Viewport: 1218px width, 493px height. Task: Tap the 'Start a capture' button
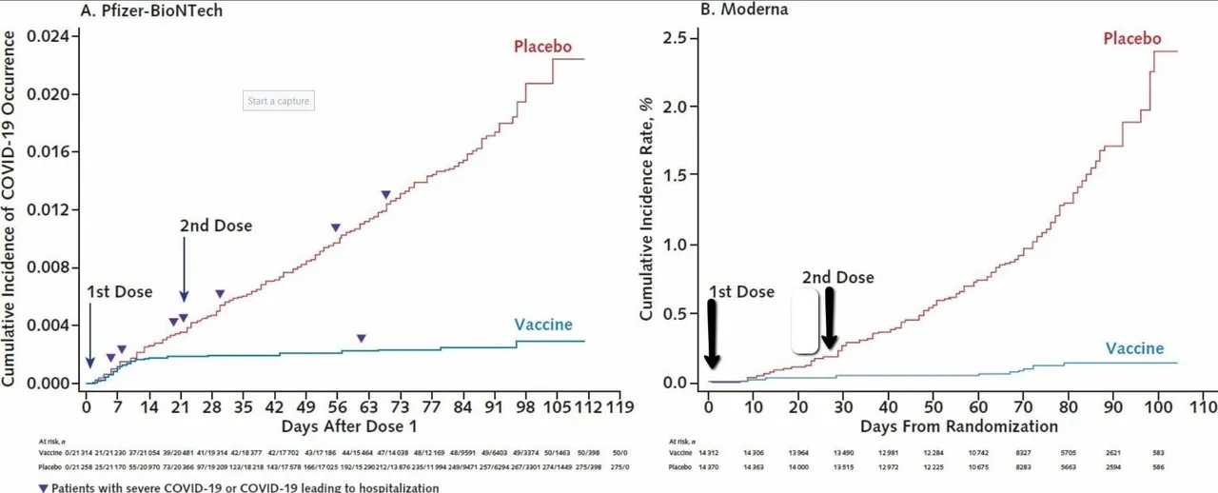tap(279, 101)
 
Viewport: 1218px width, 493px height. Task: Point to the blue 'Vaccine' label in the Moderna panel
tap(1134, 348)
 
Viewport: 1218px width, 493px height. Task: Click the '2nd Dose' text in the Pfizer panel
tap(216, 227)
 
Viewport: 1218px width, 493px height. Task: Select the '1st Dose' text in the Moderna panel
tap(740, 292)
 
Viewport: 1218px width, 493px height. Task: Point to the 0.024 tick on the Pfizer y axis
tap(49, 37)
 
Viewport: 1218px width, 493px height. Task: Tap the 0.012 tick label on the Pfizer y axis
tap(49, 210)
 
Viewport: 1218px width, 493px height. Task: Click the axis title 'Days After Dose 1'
tap(346, 424)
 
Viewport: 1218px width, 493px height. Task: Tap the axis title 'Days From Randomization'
tap(958, 424)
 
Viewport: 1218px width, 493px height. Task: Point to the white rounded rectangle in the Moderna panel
tap(805, 322)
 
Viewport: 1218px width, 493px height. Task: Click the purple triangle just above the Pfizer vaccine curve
tap(361, 338)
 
